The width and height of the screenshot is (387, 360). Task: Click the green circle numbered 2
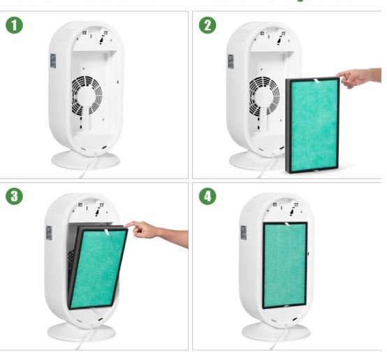point(207,26)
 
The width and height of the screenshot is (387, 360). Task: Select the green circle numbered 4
point(207,196)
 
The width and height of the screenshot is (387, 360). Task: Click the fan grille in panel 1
point(87,94)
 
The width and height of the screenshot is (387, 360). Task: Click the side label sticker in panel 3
point(50,232)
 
